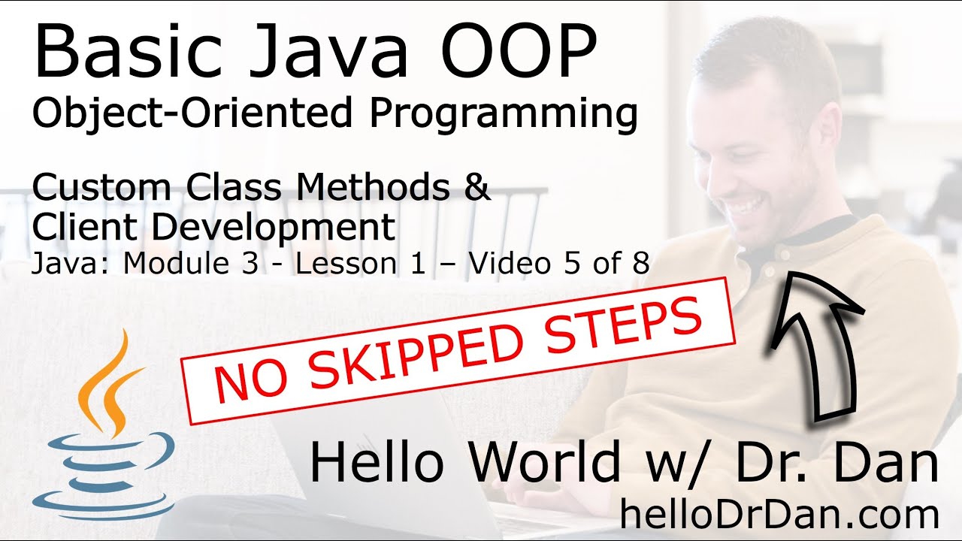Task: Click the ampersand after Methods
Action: [476, 188]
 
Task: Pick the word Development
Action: [271, 228]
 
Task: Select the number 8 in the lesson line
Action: [640, 264]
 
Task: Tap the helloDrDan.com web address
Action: [779, 515]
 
